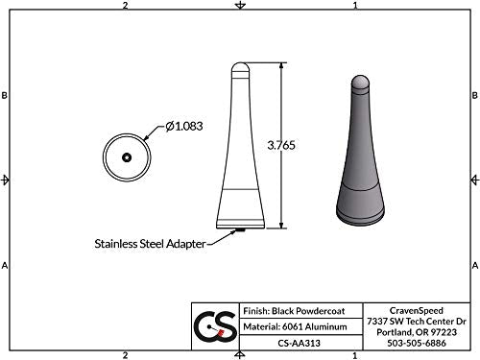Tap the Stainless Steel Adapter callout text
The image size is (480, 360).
[149, 243]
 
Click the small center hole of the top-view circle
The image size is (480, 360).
[127, 156]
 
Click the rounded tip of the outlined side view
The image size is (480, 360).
[242, 69]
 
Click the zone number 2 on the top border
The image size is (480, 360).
[126, 6]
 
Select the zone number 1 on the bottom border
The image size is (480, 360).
[356, 355]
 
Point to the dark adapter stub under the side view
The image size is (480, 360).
[242, 229]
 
